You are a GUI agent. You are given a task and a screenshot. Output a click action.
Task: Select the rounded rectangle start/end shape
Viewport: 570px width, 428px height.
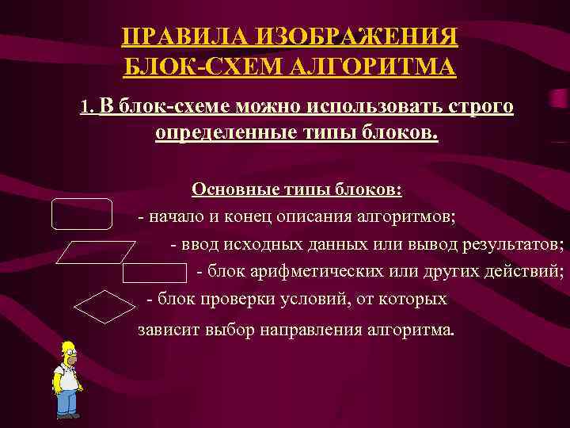pos(82,213)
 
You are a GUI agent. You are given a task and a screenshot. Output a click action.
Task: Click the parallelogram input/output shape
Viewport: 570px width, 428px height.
pos(98,252)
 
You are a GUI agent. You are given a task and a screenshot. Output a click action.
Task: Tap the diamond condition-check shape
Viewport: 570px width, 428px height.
pos(104,308)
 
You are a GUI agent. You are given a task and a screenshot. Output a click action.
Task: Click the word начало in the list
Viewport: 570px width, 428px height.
pos(174,215)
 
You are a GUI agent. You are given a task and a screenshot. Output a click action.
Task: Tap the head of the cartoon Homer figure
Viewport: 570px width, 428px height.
pos(68,354)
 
